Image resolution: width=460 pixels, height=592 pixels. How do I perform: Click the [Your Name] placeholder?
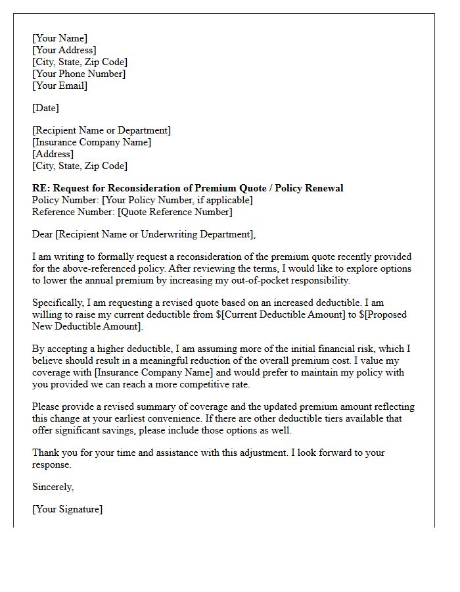(59, 38)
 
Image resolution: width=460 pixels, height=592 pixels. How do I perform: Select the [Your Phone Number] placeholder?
(78, 74)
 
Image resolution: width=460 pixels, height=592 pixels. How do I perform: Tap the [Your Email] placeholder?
(59, 86)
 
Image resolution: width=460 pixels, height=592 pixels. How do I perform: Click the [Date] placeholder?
(45, 108)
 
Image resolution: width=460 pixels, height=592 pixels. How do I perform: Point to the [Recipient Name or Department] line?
(101, 130)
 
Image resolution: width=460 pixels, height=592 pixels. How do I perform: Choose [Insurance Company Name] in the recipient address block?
(91, 142)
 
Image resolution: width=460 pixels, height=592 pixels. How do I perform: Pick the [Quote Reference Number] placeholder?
(174, 212)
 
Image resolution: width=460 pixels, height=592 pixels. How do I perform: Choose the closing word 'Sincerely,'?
(53, 487)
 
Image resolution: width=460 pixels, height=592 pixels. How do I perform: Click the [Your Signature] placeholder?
(67, 509)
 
